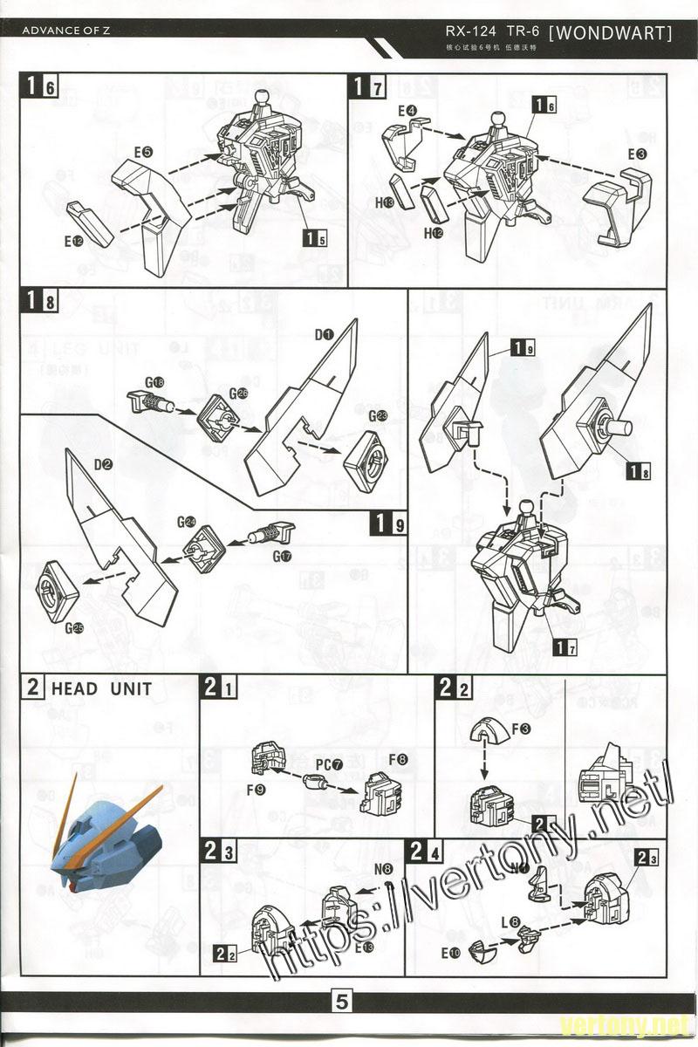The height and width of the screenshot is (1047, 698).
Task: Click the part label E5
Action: coord(143,153)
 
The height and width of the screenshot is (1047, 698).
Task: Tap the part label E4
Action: coord(407,111)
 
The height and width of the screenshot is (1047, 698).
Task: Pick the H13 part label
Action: coord(385,202)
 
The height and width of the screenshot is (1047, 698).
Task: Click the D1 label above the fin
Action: coord(324,334)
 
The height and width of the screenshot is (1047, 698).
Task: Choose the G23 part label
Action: coord(377,416)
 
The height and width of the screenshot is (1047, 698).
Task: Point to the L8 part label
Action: coord(510,921)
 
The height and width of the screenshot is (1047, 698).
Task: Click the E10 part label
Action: coord(450,954)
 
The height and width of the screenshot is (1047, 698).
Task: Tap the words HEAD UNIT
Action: coord(101,688)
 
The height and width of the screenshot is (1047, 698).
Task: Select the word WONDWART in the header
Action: coord(613,33)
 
